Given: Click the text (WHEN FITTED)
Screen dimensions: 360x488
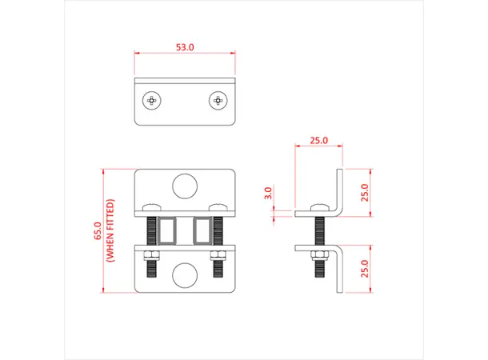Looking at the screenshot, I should [x=110, y=231].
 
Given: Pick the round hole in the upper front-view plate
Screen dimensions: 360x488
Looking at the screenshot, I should [x=185, y=186].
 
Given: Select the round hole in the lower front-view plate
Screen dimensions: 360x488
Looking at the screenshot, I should [x=185, y=274].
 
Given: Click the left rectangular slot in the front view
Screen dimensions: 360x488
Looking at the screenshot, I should [x=168, y=231].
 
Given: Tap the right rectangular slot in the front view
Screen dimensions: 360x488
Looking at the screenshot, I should [x=202, y=231].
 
